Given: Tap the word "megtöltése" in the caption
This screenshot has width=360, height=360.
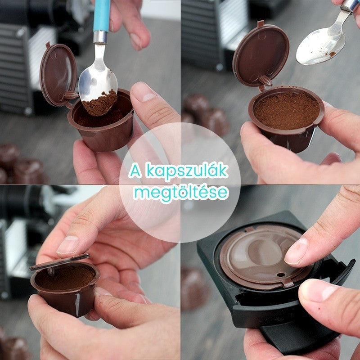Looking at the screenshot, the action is pyautogui.click(x=181, y=193).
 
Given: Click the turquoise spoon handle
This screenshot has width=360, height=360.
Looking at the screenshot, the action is pyautogui.click(x=102, y=16).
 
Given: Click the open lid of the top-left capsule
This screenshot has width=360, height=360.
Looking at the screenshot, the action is pyautogui.click(x=58, y=75).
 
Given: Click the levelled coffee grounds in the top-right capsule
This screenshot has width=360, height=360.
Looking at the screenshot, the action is pyautogui.click(x=287, y=110).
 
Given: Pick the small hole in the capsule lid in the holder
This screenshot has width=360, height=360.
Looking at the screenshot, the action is pyautogui.click(x=281, y=275).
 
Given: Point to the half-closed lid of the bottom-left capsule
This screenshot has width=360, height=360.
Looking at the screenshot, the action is pyautogui.click(x=60, y=261).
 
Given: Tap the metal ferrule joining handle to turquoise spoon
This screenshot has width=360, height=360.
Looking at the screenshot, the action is pyautogui.click(x=100, y=37).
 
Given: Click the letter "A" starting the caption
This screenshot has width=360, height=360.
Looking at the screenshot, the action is pyautogui.click(x=136, y=171).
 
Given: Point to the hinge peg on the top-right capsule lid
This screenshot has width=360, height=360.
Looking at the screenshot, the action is pyautogui.click(x=265, y=81).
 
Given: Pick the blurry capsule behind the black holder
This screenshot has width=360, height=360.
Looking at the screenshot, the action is pyautogui.click(x=193, y=289).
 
